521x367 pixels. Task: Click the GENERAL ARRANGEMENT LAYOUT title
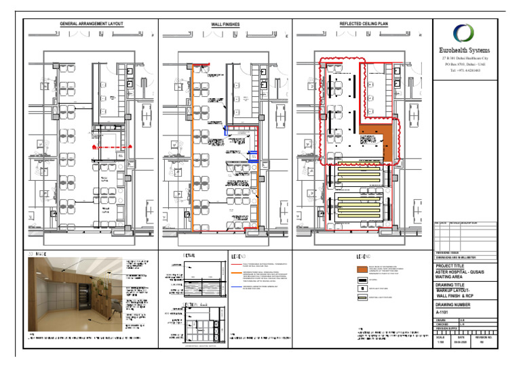92,24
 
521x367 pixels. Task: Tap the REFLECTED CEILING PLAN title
363,24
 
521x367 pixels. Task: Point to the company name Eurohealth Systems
465,50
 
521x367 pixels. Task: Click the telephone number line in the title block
465,70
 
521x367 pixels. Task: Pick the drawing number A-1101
444,313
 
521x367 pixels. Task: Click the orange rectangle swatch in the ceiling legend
363,268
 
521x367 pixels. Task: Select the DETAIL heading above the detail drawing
189,255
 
